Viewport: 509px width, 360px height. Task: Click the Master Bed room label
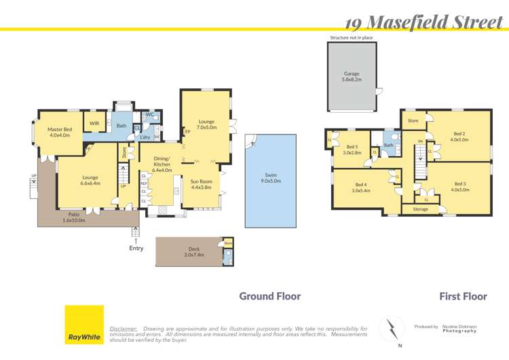[x=60, y=132]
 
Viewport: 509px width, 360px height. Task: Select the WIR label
[x=94, y=123]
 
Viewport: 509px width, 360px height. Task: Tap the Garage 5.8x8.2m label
[x=352, y=76]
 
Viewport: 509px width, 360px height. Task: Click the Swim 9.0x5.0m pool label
[x=271, y=178]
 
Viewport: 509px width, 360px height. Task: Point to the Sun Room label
[x=201, y=184]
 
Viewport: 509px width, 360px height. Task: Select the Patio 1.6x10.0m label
[x=75, y=217]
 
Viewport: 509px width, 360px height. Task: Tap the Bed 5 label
[x=352, y=149]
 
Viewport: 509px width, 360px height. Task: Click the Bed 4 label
[x=360, y=187]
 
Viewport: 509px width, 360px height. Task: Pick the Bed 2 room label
[x=459, y=137]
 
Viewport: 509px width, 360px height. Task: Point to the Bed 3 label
[x=460, y=186]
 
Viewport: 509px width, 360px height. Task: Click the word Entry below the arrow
[x=136, y=249]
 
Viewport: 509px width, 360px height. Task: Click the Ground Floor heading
[x=269, y=296]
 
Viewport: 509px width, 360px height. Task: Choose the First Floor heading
[x=462, y=296]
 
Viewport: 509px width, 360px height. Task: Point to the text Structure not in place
[x=351, y=38]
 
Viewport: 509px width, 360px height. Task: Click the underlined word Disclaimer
[x=124, y=328]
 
